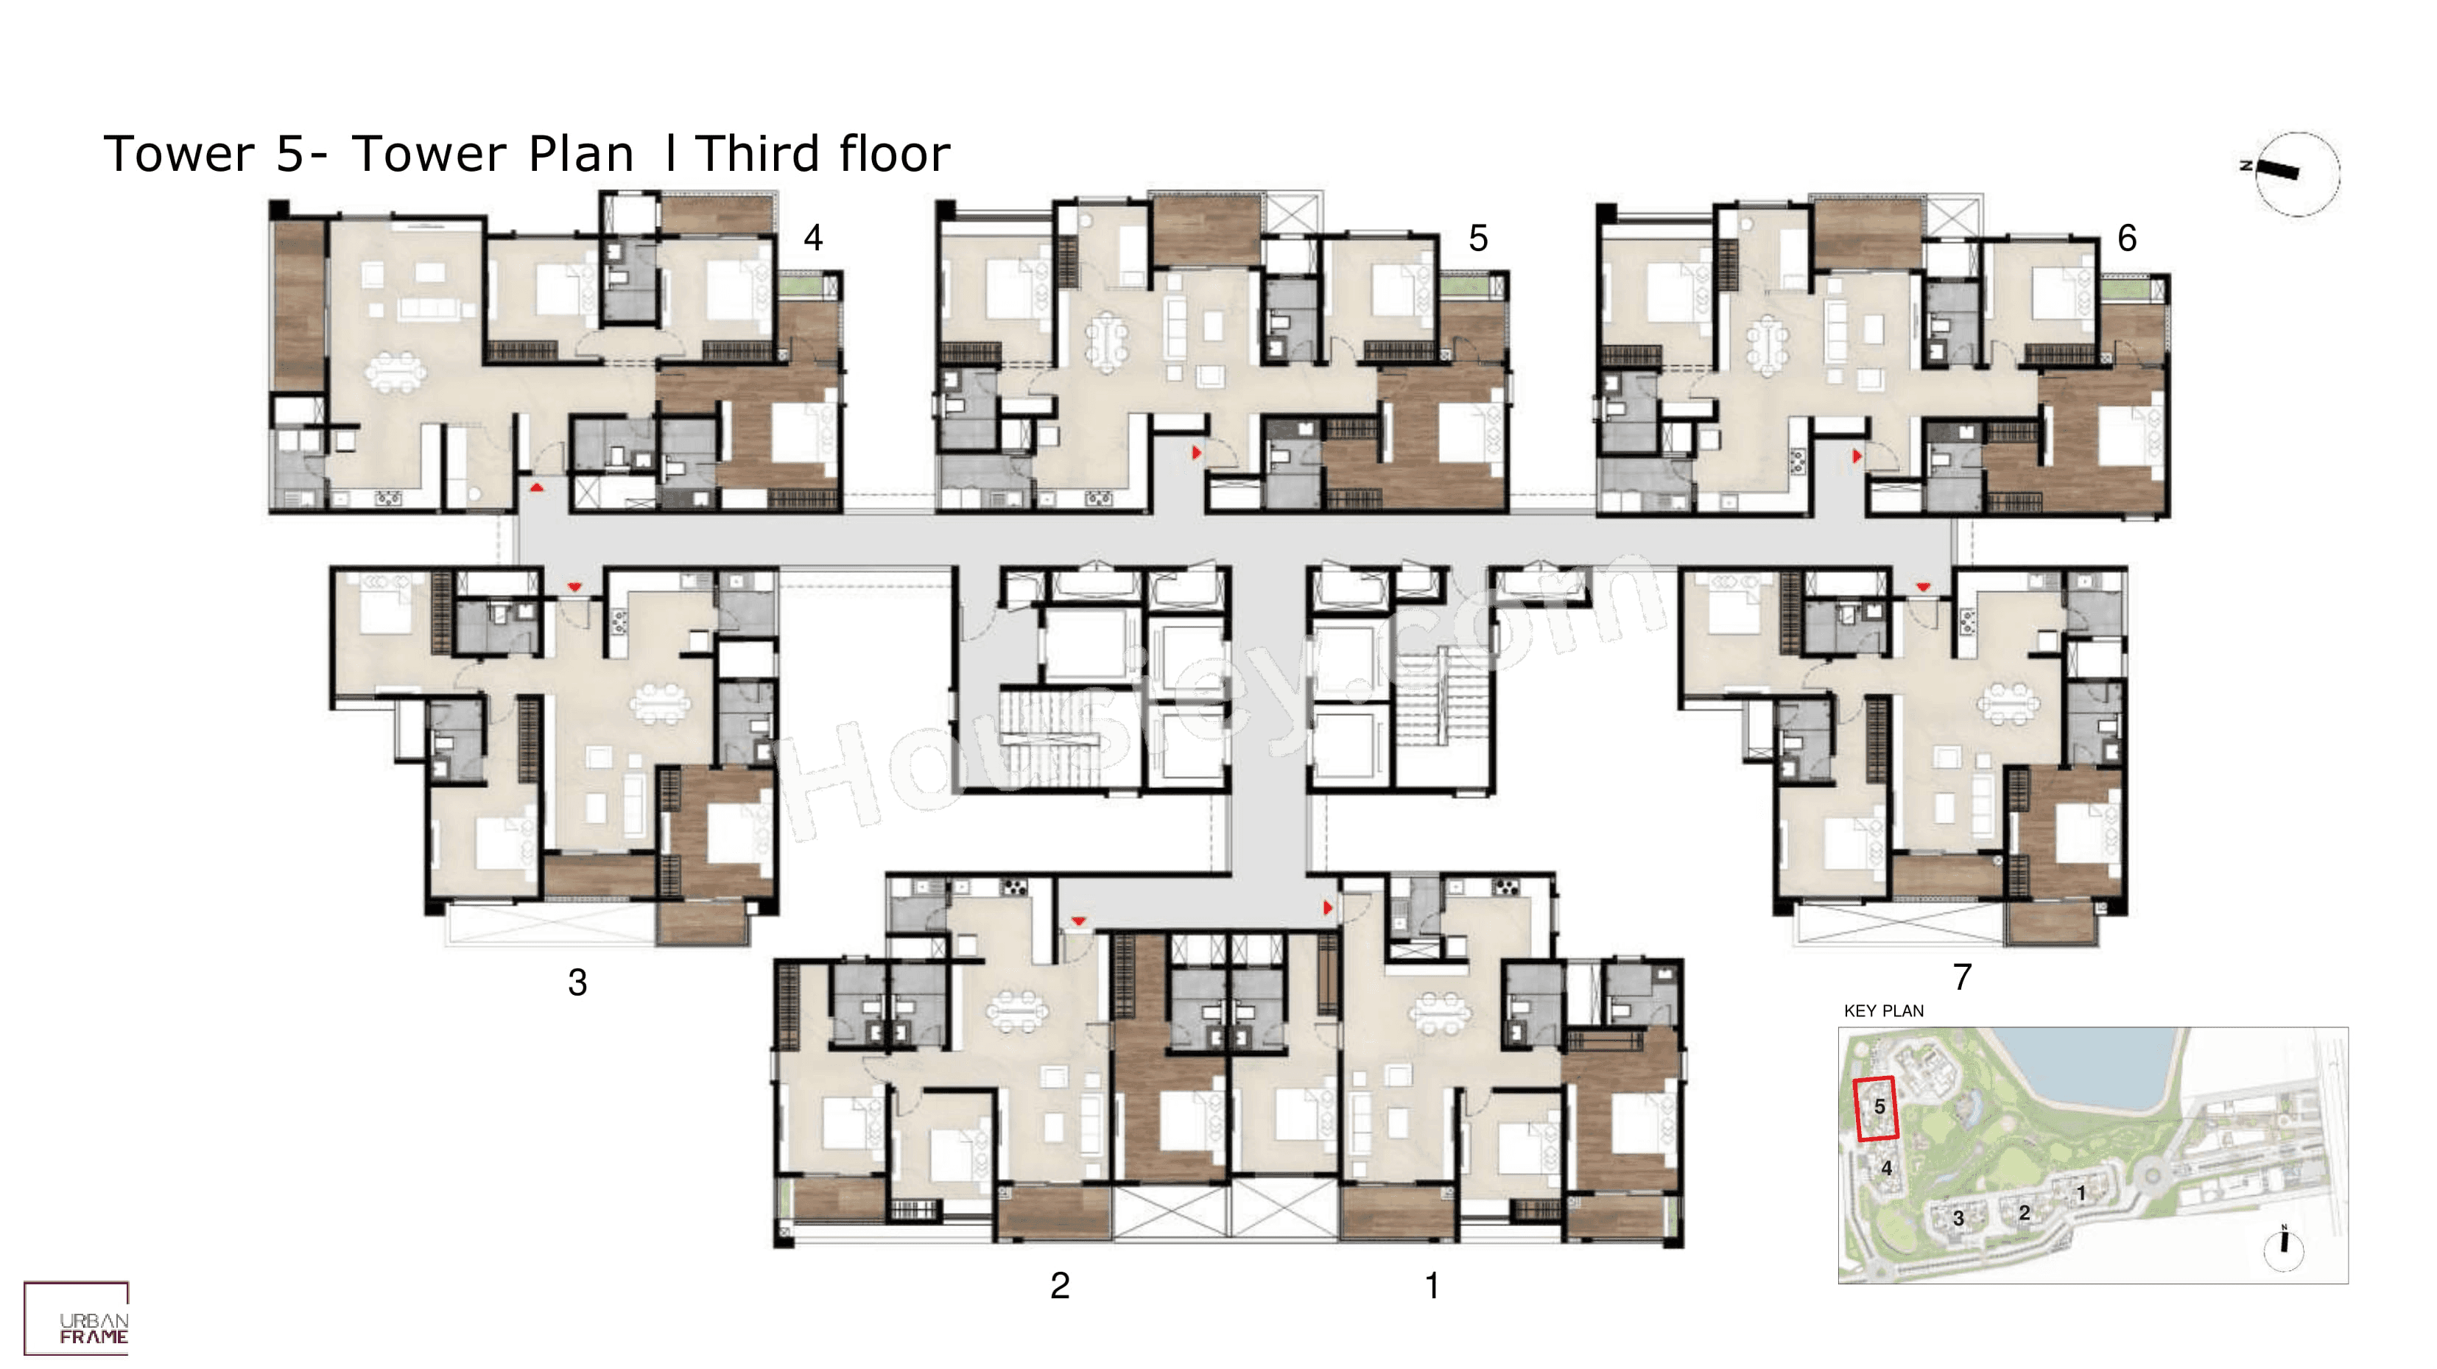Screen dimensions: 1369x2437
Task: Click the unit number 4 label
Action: click(812, 237)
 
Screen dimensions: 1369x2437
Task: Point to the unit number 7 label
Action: click(1962, 976)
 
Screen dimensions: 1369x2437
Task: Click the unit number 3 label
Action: click(577, 983)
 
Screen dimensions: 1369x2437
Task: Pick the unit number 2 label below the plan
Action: click(1060, 1286)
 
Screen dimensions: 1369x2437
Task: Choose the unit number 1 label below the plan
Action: click(1432, 1286)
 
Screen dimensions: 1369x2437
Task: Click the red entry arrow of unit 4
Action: click(536, 488)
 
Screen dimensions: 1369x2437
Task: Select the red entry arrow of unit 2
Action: click(1078, 921)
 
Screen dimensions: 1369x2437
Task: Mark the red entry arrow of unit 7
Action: click(1922, 588)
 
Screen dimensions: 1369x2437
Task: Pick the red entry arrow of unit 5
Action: click(1197, 453)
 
